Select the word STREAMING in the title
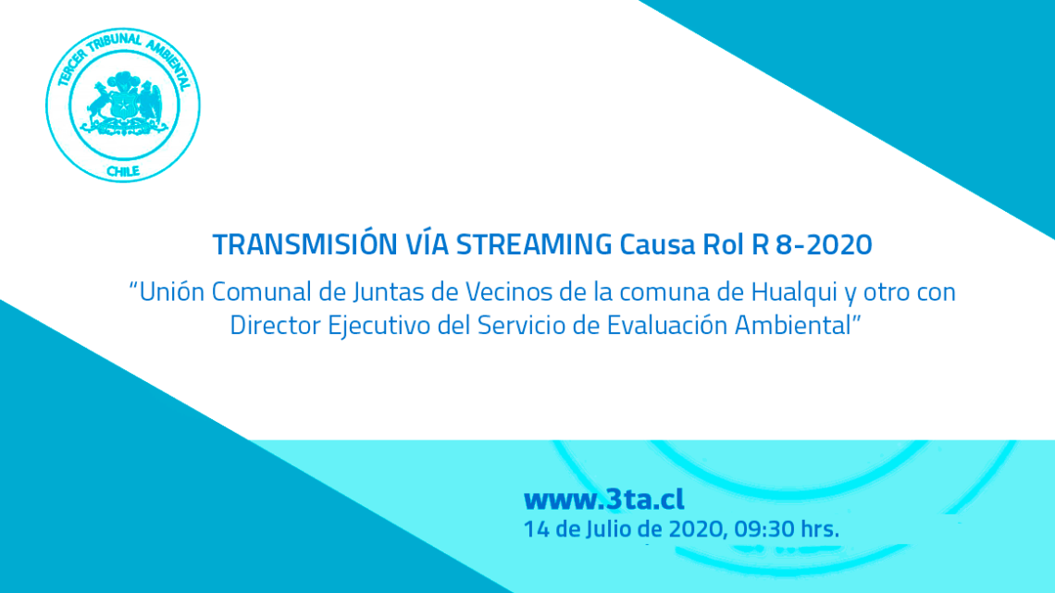534,245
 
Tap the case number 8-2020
824,245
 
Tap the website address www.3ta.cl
604,500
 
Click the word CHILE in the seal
123,171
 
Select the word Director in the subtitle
276,326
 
